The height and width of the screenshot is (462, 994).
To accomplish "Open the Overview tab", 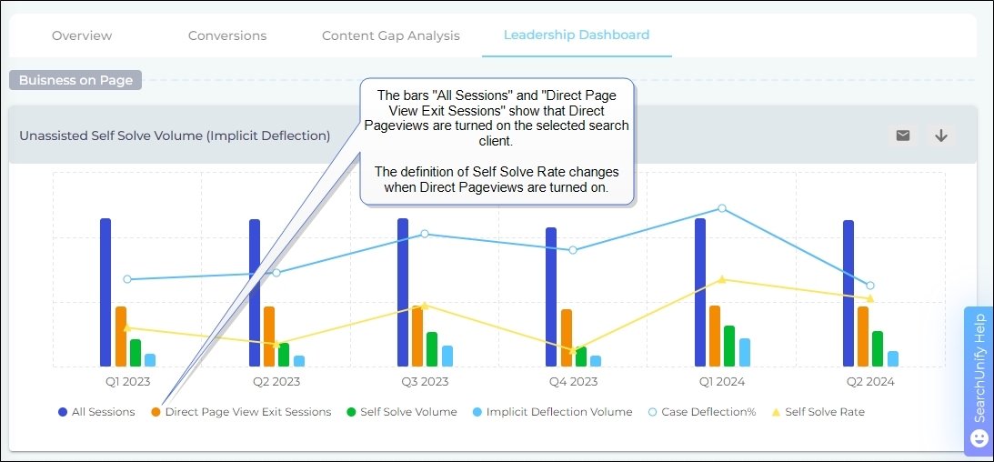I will [x=82, y=35].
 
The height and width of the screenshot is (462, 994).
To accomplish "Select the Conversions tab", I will [x=227, y=35].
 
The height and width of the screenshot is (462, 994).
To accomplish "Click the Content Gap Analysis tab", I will [x=391, y=35].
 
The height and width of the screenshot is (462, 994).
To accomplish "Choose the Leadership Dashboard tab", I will [x=577, y=35].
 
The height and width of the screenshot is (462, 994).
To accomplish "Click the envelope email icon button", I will [x=903, y=136].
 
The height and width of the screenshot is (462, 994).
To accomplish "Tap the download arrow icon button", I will [x=941, y=136].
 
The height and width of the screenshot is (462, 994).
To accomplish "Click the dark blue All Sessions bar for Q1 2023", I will [x=105, y=291].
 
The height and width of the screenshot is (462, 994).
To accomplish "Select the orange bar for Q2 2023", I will [x=269, y=336].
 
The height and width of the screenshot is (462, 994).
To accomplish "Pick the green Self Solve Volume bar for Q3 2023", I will [x=432, y=348].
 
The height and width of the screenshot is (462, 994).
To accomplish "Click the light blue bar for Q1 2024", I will [x=745, y=352].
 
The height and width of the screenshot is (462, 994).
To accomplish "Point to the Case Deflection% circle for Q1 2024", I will [x=722, y=208].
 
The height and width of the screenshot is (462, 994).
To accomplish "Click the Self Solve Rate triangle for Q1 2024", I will [x=722, y=279].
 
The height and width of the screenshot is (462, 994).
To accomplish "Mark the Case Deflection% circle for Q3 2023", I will [x=425, y=234].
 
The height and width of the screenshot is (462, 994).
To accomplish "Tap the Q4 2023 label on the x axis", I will [x=573, y=382].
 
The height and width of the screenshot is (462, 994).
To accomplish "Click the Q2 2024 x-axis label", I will [x=870, y=382].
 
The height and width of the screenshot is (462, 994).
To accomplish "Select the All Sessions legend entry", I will [x=96, y=412].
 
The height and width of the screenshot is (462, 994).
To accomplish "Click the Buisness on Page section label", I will [x=75, y=80].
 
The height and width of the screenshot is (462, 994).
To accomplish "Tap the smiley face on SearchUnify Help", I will [x=979, y=438].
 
